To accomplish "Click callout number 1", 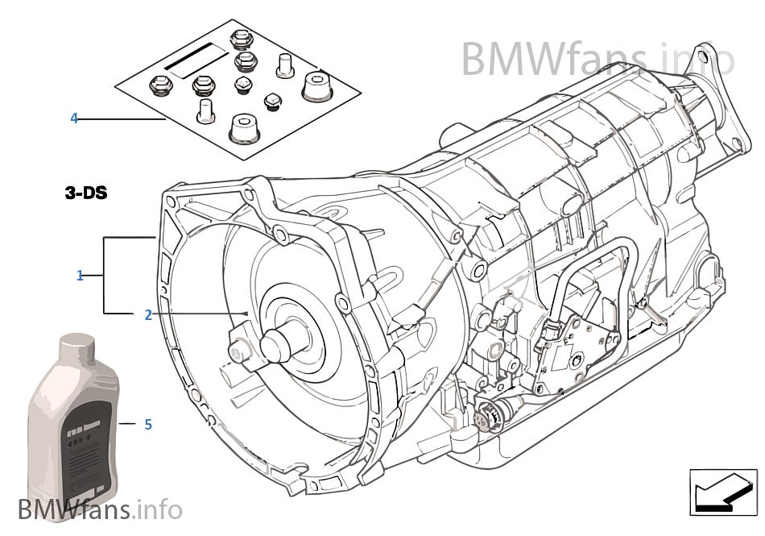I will click(80, 276).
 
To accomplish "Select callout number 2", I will click(147, 315).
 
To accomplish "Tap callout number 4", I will click(74, 118).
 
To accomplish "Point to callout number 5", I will click(148, 424).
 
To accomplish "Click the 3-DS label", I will click(86, 193).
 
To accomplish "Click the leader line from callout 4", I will click(121, 119).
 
